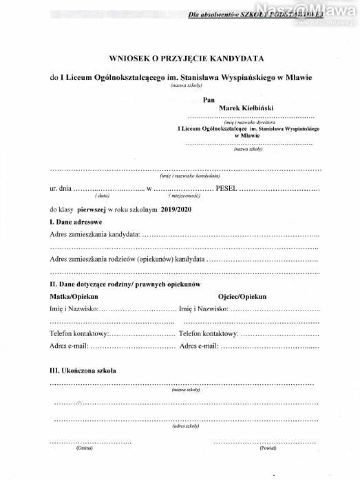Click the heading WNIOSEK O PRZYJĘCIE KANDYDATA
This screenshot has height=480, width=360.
click(x=186, y=59)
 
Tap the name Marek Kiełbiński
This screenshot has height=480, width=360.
click(x=246, y=108)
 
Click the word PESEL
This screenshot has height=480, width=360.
click(x=226, y=188)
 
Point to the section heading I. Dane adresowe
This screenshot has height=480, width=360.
click(x=75, y=222)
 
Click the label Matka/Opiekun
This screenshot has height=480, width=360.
click(x=74, y=297)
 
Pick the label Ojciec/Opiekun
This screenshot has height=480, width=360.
click(x=242, y=297)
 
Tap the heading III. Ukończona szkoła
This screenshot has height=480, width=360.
click(x=83, y=370)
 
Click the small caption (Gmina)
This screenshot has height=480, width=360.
click(x=84, y=448)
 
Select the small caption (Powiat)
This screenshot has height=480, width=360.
click(x=268, y=448)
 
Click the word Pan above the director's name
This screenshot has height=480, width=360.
click(x=209, y=99)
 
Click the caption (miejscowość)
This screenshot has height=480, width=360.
click(x=185, y=195)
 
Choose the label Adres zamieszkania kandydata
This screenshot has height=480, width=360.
click(x=95, y=234)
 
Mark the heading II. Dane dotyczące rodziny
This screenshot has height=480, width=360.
click(x=125, y=285)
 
